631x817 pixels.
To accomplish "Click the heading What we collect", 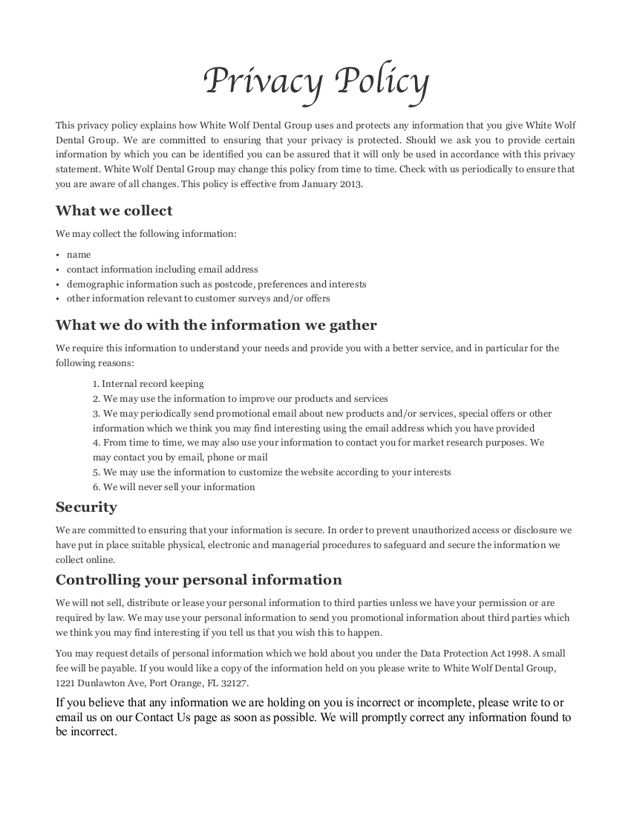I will pyautogui.click(x=114, y=210).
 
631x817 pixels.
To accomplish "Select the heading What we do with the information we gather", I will pyautogui.click(x=216, y=325).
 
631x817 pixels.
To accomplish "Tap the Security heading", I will pyautogui.click(x=86, y=507).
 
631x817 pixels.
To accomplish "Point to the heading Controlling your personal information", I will pyautogui.click(x=199, y=579).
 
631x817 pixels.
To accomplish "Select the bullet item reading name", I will pyautogui.click(x=79, y=255).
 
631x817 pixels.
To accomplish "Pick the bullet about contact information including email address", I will pyautogui.click(x=162, y=270).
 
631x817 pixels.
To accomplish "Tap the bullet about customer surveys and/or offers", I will pyautogui.click(x=198, y=299).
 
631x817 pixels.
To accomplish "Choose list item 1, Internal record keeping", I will pyautogui.click(x=148, y=384).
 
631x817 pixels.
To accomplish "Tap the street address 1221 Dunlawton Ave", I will pyautogui.click(x=98, y=683).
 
